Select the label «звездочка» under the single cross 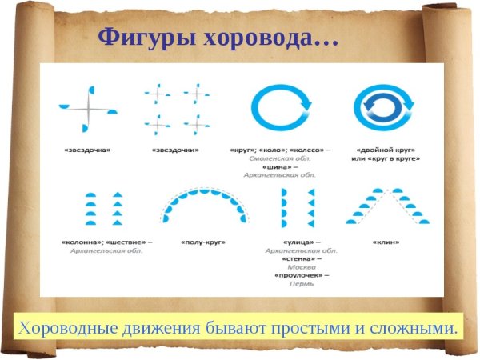tap(86, 150)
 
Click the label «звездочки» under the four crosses tap(176, 150)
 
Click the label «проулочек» tap(298, 275)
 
